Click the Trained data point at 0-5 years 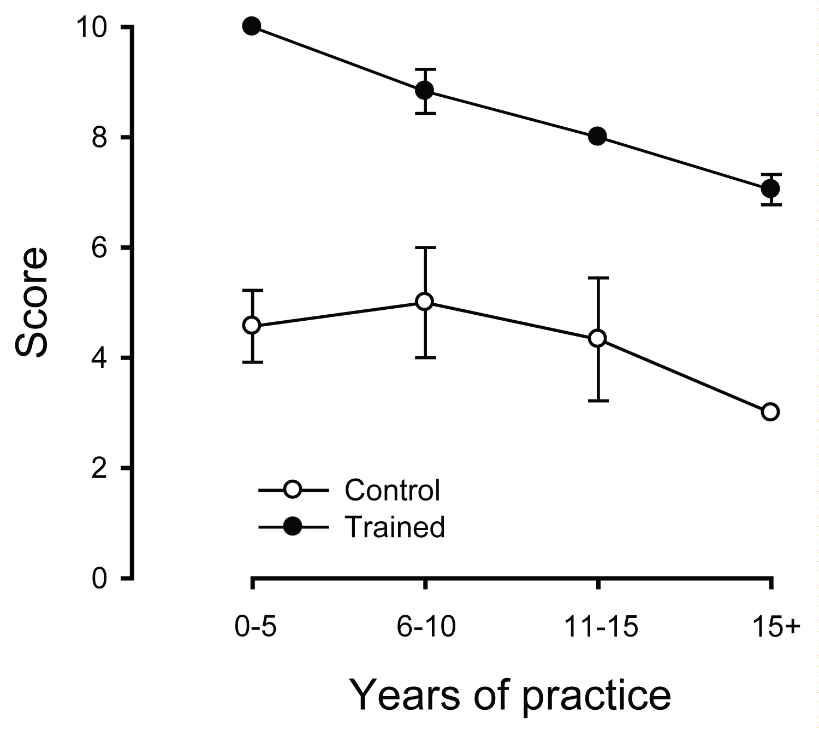(252, 26)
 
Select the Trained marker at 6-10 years (425, 90)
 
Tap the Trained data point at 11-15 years (597, 136)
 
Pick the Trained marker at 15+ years (770, 189)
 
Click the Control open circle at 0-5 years (252, 325)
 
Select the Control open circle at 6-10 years (425, 302)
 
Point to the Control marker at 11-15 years (597, 338)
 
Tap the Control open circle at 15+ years (770, 411)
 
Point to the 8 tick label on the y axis (98, 137)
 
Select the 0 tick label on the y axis (98, 578)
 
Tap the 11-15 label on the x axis (599, 628)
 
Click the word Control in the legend (392, 490)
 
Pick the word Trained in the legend (395, 527)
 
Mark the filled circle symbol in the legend (293, 527)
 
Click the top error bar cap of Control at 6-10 (425, 248)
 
